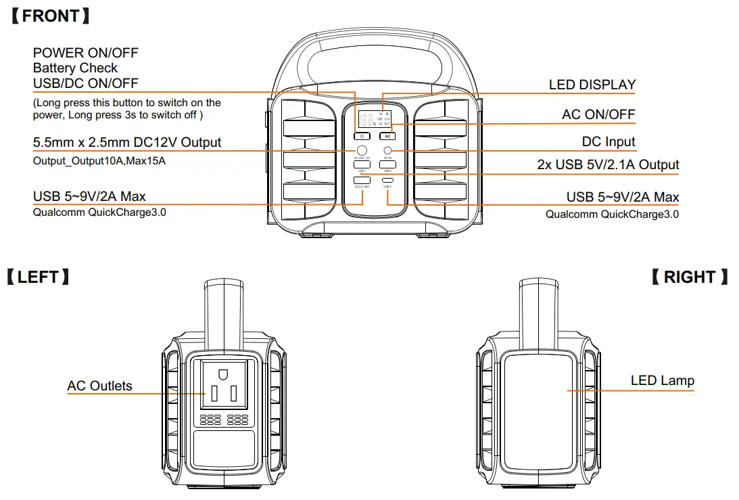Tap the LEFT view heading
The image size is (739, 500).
point(38,277)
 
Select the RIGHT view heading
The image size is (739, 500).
point(689,277)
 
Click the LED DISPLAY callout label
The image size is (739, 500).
point(592,85)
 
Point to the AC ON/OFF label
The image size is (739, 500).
point(598,114)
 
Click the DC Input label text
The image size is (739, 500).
point(609,141)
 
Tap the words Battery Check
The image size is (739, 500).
point(75,68)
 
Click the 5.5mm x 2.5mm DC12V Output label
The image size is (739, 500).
point(127,142)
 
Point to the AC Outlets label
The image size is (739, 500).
point(99,386)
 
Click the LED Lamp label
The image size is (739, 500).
point(662,380)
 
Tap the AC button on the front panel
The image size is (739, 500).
point(387,136)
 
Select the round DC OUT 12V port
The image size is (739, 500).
point(362,150)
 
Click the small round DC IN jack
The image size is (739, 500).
point(388,150)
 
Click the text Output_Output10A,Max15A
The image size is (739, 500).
point(99,161)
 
